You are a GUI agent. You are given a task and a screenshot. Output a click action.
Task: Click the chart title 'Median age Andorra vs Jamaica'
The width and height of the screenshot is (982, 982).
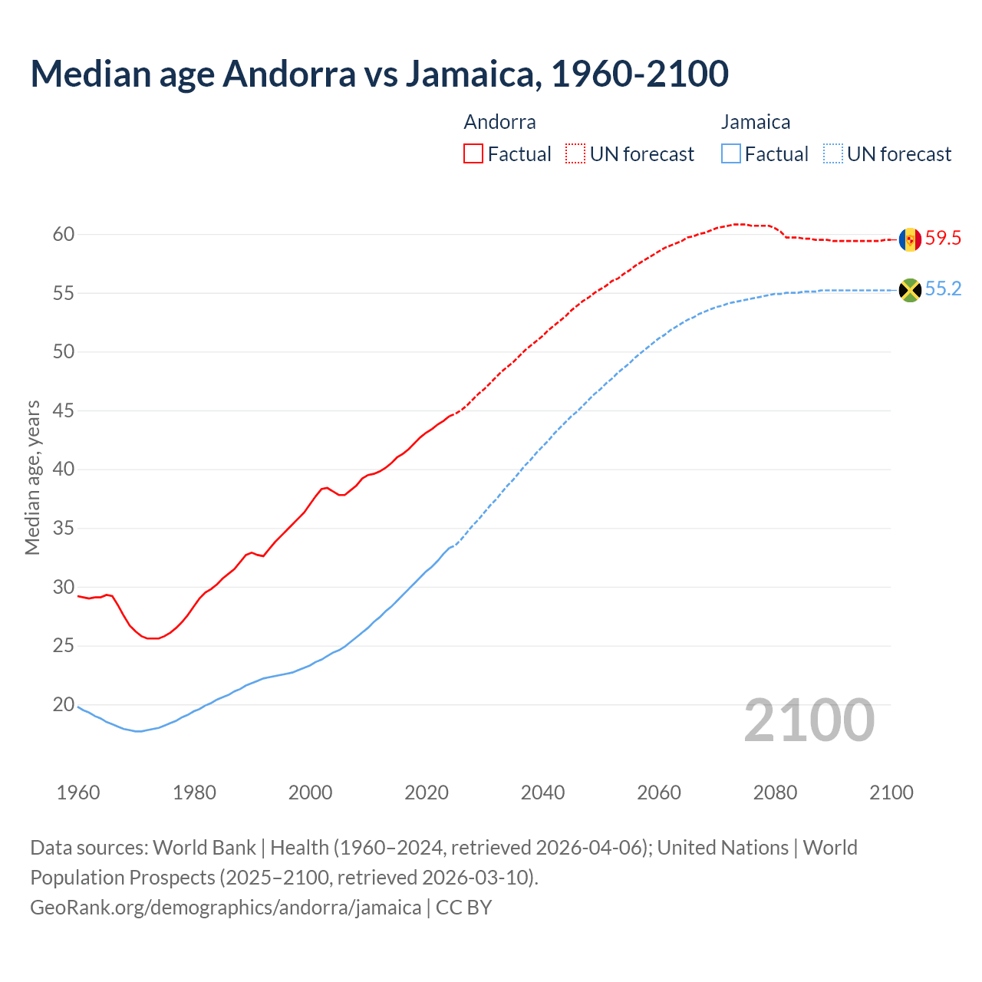tap(379, 74)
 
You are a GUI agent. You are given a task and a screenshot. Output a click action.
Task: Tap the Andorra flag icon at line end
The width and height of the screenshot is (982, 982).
tap(910, 239)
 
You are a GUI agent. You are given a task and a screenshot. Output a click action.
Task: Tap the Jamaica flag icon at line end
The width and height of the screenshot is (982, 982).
tap(910, 290)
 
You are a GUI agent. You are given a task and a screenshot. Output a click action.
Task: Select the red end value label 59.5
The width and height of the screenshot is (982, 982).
tap(943, 239)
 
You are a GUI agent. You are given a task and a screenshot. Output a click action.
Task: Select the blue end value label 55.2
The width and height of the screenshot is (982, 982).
tap(943, 289)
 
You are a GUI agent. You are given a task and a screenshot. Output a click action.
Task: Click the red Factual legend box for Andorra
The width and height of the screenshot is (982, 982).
tap(473, 154)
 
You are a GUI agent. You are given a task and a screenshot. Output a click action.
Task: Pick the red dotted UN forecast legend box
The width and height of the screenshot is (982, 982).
tap(575, 154)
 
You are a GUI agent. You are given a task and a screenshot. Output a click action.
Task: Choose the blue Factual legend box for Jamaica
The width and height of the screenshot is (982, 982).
tap(731, 154)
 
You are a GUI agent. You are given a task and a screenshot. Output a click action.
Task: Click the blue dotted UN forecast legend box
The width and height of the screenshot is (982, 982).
tap(833, 154)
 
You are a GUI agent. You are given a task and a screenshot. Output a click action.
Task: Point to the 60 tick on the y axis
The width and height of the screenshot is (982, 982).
tap(64, 235)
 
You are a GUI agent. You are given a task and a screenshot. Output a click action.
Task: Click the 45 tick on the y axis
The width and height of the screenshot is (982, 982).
tap(64, 411)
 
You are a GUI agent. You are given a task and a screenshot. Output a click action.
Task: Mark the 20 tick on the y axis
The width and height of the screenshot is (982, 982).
tap(64, 705)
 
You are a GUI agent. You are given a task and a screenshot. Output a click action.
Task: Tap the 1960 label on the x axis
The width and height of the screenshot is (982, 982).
tap(78, 793)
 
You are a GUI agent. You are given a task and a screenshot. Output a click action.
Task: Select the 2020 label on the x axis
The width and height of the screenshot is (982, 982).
tap(427, 793)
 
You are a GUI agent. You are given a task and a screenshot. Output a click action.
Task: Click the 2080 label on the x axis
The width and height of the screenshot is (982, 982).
tap(775, 793)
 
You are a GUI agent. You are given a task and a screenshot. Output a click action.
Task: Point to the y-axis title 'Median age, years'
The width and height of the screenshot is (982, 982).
tap(32, 477)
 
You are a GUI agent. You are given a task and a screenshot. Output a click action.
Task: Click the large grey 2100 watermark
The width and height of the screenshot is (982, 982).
tap(809, 720)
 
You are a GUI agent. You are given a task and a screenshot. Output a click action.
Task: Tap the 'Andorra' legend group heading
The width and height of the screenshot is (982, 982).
tap(499, 122)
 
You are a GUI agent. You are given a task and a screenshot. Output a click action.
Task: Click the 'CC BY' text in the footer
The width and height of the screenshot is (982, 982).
tap(463, 908)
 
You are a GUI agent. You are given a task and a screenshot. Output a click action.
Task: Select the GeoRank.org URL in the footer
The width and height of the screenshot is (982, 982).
tap(226, 908)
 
